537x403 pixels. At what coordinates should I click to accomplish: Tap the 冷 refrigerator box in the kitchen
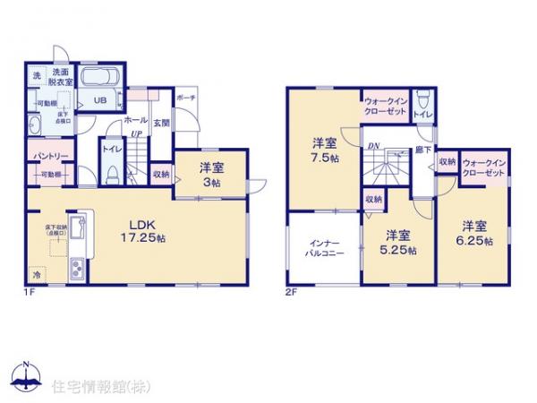(x=37, y=275)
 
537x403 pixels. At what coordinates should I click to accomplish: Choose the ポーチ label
(x=185, y=98)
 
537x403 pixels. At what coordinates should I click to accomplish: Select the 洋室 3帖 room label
(x=211, y=172)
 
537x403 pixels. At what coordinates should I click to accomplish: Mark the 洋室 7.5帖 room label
(x=325, y=150)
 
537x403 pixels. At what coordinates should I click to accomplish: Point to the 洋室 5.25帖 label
(x=399, y=242)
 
